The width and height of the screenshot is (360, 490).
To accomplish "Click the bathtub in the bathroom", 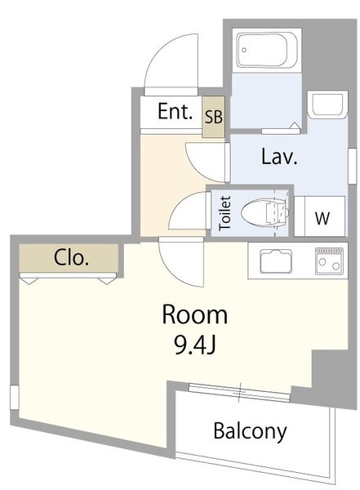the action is click(x=266, y=50).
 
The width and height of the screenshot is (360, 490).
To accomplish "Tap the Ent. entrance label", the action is click(x=175, y=112).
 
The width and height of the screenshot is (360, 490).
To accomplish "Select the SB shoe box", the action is click(x=213, y=117).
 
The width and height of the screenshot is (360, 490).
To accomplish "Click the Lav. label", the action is click(x=278, y=157).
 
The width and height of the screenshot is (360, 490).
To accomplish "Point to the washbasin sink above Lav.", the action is click(x=327, y=104).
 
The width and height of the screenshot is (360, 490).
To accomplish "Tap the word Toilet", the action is click(x=225, y=213).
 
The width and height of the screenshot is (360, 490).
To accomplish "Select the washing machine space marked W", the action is click(x=322, y=217).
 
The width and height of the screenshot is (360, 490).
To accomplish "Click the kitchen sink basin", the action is click(x=276, y=261).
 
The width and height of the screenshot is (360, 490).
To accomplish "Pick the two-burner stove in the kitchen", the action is click(x=329, y=261).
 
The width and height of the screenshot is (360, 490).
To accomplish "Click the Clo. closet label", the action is click(x=71, y=258).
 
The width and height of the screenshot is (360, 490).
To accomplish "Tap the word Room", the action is click(x=194, y=314).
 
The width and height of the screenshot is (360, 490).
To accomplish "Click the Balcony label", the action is click(x=250, y=431).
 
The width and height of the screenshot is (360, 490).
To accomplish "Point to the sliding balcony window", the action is click(x=240, y=393).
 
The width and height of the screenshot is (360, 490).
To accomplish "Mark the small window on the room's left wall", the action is click(x=15, y=397).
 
